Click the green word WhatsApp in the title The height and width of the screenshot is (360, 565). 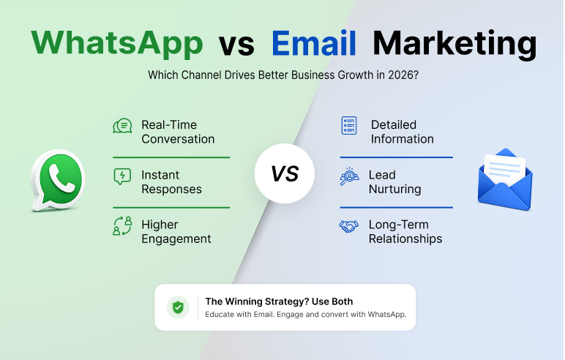point(117,44)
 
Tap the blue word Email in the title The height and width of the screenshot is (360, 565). point(314,43)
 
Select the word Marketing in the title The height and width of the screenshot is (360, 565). point(454,45)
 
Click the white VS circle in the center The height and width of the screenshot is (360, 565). point(284,173)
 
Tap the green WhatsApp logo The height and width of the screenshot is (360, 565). point(58,180)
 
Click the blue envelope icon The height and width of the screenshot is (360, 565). point(505,179)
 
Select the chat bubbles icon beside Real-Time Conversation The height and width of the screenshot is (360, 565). point(122,126)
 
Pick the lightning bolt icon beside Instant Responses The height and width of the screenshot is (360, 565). point(122,176)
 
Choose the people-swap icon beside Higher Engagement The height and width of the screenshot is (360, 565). point(122,226)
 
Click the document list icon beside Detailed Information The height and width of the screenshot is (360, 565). point(349,125)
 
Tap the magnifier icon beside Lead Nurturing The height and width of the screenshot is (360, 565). point(349,176)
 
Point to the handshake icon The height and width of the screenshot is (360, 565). point(349,226)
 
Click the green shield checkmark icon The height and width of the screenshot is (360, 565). point(178,307)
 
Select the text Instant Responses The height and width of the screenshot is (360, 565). point(171,182)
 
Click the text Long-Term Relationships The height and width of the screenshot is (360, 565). point(405,232)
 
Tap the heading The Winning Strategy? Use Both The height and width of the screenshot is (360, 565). point(279,301)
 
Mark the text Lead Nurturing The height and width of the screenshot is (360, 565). point(395,182)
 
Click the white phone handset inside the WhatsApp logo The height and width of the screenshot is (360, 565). point(61,179)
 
